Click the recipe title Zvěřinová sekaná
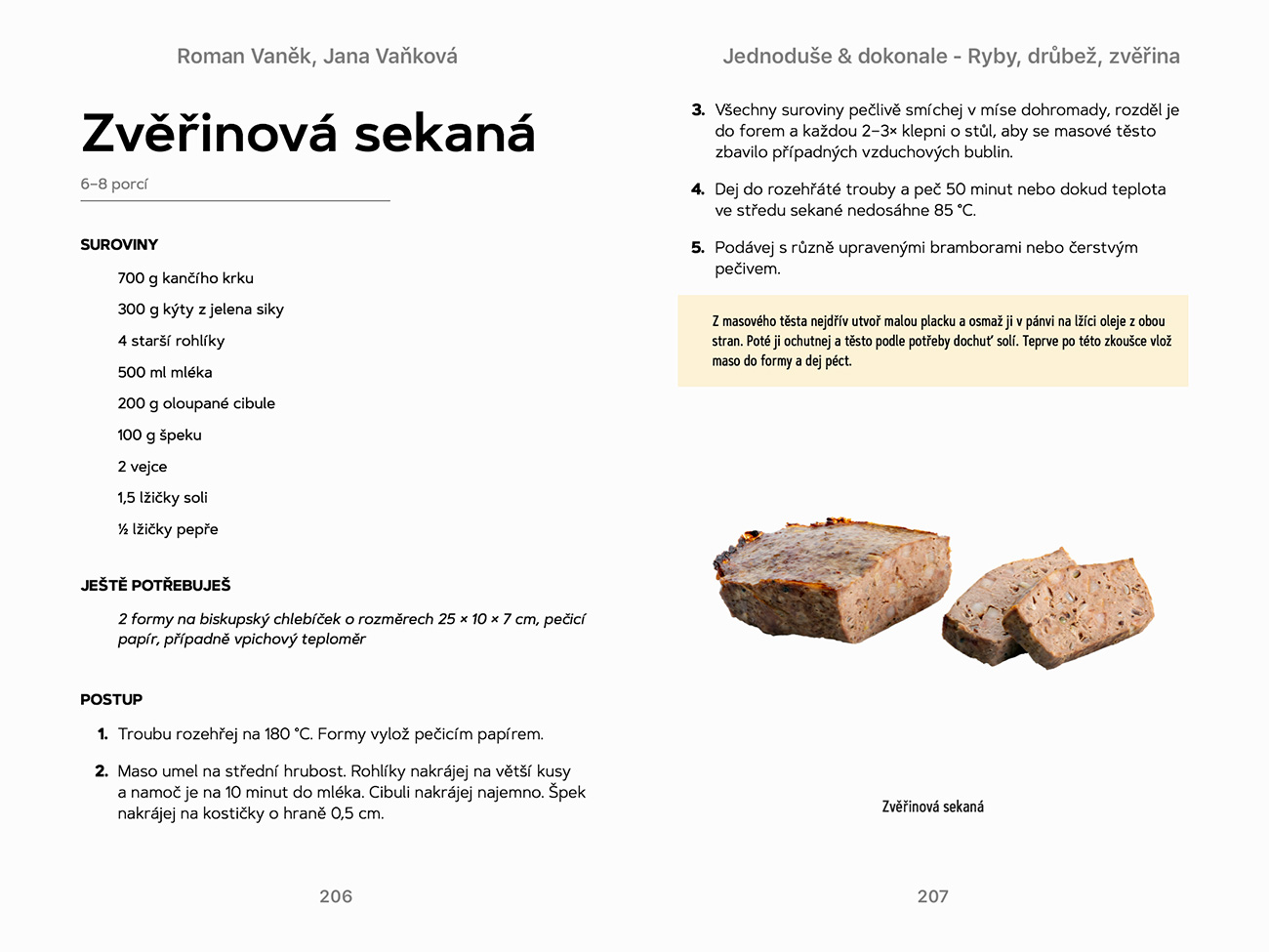pyautogui.click(x=308, y=134)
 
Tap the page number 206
pyautogui.click(x=336, y=896)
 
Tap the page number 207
pyautogui.click(x=932, y=896)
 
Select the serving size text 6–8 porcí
pyautogui.click(x=114, y=185)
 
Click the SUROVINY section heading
pyautogui.click(x=119, y=245)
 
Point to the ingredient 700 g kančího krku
pyautogui.click(x=185, y=278)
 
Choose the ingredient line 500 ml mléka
pyautogui.click(x=165, y=372)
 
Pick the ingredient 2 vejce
pyautogui.click(x=143, y=467)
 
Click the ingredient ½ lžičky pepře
pyautogui.click(x=168, y=529)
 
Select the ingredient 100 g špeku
pyautogui.click(x=159, y=435)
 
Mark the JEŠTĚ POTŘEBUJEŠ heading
pyautogui.click(x=155, y=586)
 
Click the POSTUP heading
pyautogui.click(x=111, y=700)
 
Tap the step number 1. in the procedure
pyautogui.click(x=102, y=734)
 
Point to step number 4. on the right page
pyautogui.click(x=698, y=189)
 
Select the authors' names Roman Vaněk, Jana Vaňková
pyautogui.click(x=317, y=57)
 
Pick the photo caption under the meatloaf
pyautogui.click(x=932, y=807)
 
